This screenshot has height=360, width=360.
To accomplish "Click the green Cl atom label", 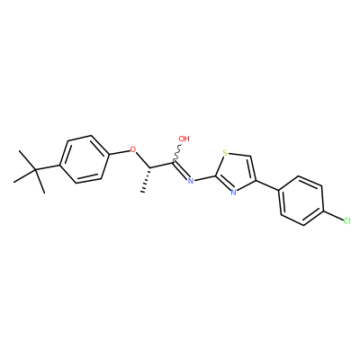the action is tap(346, 221).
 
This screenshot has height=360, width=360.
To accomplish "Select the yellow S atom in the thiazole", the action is tap(225, 153).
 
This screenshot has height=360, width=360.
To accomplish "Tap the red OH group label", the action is tap(184, 139).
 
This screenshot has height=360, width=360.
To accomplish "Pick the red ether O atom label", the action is tap(133, 149).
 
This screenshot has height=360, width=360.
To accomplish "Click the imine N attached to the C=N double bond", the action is tap(190, 180).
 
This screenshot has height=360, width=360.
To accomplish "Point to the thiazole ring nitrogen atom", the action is tap(233, 192).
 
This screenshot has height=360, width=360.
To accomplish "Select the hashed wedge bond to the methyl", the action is tap(147, 180).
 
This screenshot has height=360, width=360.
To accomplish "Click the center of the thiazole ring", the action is tap(236, 172).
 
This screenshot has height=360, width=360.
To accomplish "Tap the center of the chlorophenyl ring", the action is tap(301, 201).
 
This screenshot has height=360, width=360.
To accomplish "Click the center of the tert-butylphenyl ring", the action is tap(84, 159).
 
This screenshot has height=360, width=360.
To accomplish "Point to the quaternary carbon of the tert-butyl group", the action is tap(35, 171).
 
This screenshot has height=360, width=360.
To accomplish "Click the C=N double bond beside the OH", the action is tap(181, 170).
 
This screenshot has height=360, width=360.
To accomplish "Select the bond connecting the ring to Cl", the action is tap(333, 216).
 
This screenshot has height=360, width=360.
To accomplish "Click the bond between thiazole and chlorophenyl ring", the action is tap(267, 185).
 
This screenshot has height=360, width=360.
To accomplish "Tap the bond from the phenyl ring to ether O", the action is tap(119, 153).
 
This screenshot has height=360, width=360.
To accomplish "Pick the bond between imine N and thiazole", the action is tap(204, 177).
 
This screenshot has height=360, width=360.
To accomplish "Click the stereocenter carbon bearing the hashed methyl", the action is tap(149, 167).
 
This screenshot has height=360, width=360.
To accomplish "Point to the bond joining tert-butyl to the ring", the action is tap(48, 168).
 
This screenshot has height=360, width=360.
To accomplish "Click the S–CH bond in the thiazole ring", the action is tap(239, 155).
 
